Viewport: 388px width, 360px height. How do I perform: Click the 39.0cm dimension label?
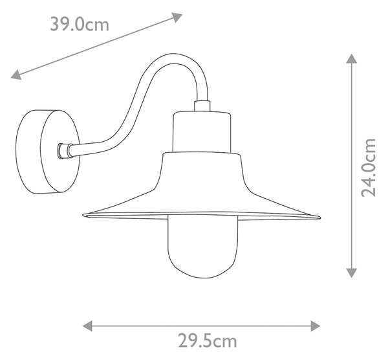click(80, 25)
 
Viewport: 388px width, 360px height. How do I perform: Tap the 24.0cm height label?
click(369, 168)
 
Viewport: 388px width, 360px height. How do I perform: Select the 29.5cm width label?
click(208, 341)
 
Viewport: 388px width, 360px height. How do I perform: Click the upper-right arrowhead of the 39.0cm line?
click(177, 17)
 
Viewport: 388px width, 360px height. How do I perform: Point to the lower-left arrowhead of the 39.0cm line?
click(16, 75)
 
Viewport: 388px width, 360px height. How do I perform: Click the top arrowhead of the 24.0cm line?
click(351, 59)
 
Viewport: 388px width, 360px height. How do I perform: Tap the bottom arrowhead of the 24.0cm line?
click(351, 273)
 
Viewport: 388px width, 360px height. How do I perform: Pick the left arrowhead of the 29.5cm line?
click(87, 326)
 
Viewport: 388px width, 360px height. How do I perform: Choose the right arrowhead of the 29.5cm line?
click(316, 326)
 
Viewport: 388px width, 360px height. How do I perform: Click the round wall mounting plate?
click(47, 152)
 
